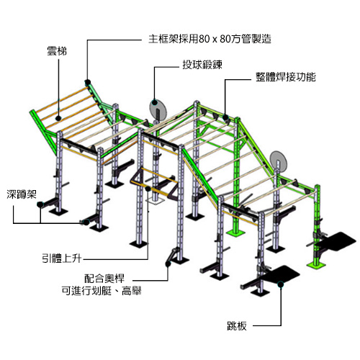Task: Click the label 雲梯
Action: [57, 51]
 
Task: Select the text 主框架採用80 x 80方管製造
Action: [210, 39]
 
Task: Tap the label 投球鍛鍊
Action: [202, 65]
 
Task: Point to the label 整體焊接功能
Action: [286, 77]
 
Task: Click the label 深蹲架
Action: [22, 194]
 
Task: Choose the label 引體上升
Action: [62, 259]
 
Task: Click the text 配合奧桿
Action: [104, 279]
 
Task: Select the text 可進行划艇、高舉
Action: [102, 291]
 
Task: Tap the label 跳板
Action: [237, 326]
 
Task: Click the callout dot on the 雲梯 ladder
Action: [58, 118]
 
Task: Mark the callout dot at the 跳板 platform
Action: [281, 284]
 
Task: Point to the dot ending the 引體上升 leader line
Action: [148, 189]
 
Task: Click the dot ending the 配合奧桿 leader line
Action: [168, 264]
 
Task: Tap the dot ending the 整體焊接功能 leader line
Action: [225, 117]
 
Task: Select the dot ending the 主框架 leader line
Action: [88, 82]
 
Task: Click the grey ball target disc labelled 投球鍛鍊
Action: [158, 107]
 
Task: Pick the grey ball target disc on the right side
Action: [278, 159]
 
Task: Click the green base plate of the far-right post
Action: [316, 265]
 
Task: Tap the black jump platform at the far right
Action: [337, 240]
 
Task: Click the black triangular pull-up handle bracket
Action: [136, 177]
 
